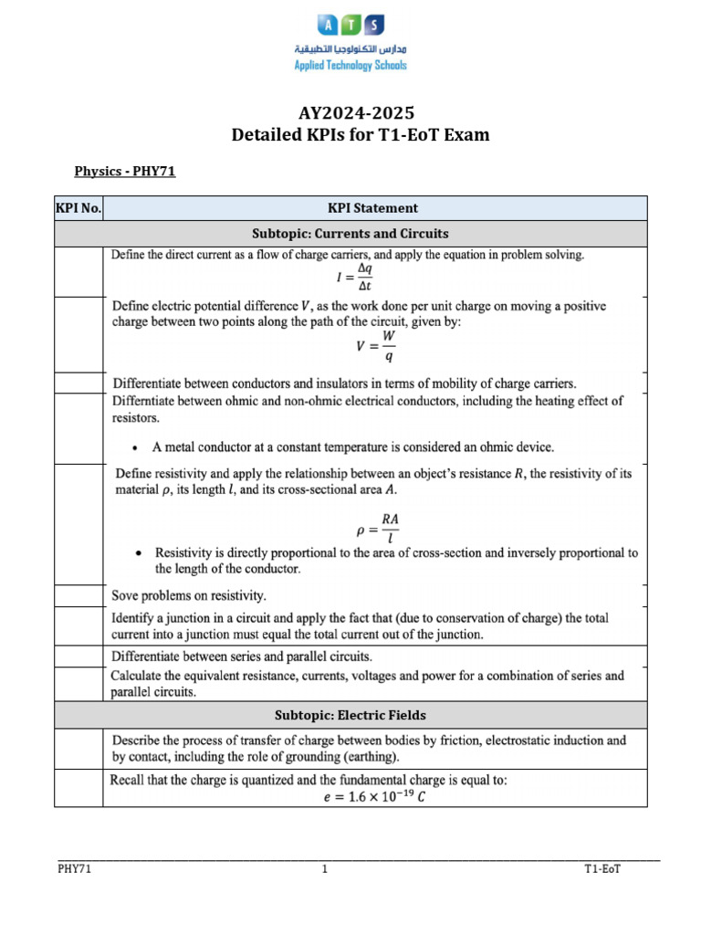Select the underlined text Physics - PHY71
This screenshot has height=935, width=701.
coord(124,171)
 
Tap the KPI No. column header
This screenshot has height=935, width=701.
coord(79,208)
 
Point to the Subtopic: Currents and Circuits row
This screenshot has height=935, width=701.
coord(350,233)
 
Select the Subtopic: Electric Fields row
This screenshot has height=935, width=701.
coord(350,715)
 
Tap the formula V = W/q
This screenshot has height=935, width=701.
coord(377,346)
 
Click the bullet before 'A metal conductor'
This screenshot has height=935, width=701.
coord(135,448)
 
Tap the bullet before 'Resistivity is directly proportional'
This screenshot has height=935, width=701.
coord(137,553)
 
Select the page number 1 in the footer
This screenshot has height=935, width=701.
coord(324,870)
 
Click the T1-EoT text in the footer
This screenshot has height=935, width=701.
coord(602,870)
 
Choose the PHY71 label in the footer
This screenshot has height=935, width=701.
coord(74,870)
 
